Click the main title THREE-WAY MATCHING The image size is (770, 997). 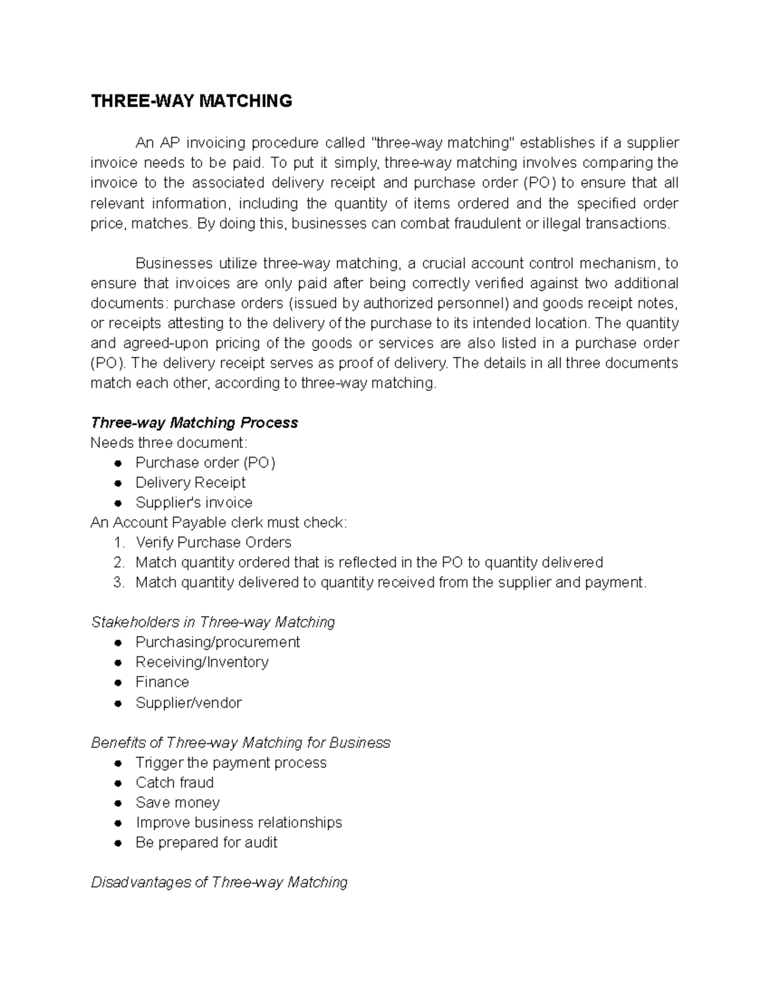(x=191, y=101)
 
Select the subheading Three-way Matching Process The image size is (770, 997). (x=194, y=422)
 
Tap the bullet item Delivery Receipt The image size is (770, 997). (x=191, y=482)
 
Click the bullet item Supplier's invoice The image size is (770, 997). (x=194, y=502)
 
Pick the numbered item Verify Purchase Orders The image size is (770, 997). (x=213, y=542)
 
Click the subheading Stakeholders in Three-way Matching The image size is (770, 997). (x=213, y=622)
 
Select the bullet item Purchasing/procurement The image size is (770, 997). (x=218, y=642)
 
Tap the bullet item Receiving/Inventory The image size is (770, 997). (x=201, y=662)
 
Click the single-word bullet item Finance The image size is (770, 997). (x=162, y=682)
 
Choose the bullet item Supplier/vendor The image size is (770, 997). (x=188, y=702)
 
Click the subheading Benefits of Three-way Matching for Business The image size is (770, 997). (x=241, y=743)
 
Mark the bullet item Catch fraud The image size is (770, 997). (x=175, y=783)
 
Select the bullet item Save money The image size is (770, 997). (x=177, y=802)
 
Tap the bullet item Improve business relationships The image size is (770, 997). (x=239, y=822)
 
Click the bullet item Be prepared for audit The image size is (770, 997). (x=206, y=842)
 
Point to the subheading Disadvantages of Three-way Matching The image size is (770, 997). (x=219, y=883)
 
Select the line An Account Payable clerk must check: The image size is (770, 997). (x=219, y=523)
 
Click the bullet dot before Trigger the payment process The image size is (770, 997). (x=117, y=763)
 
